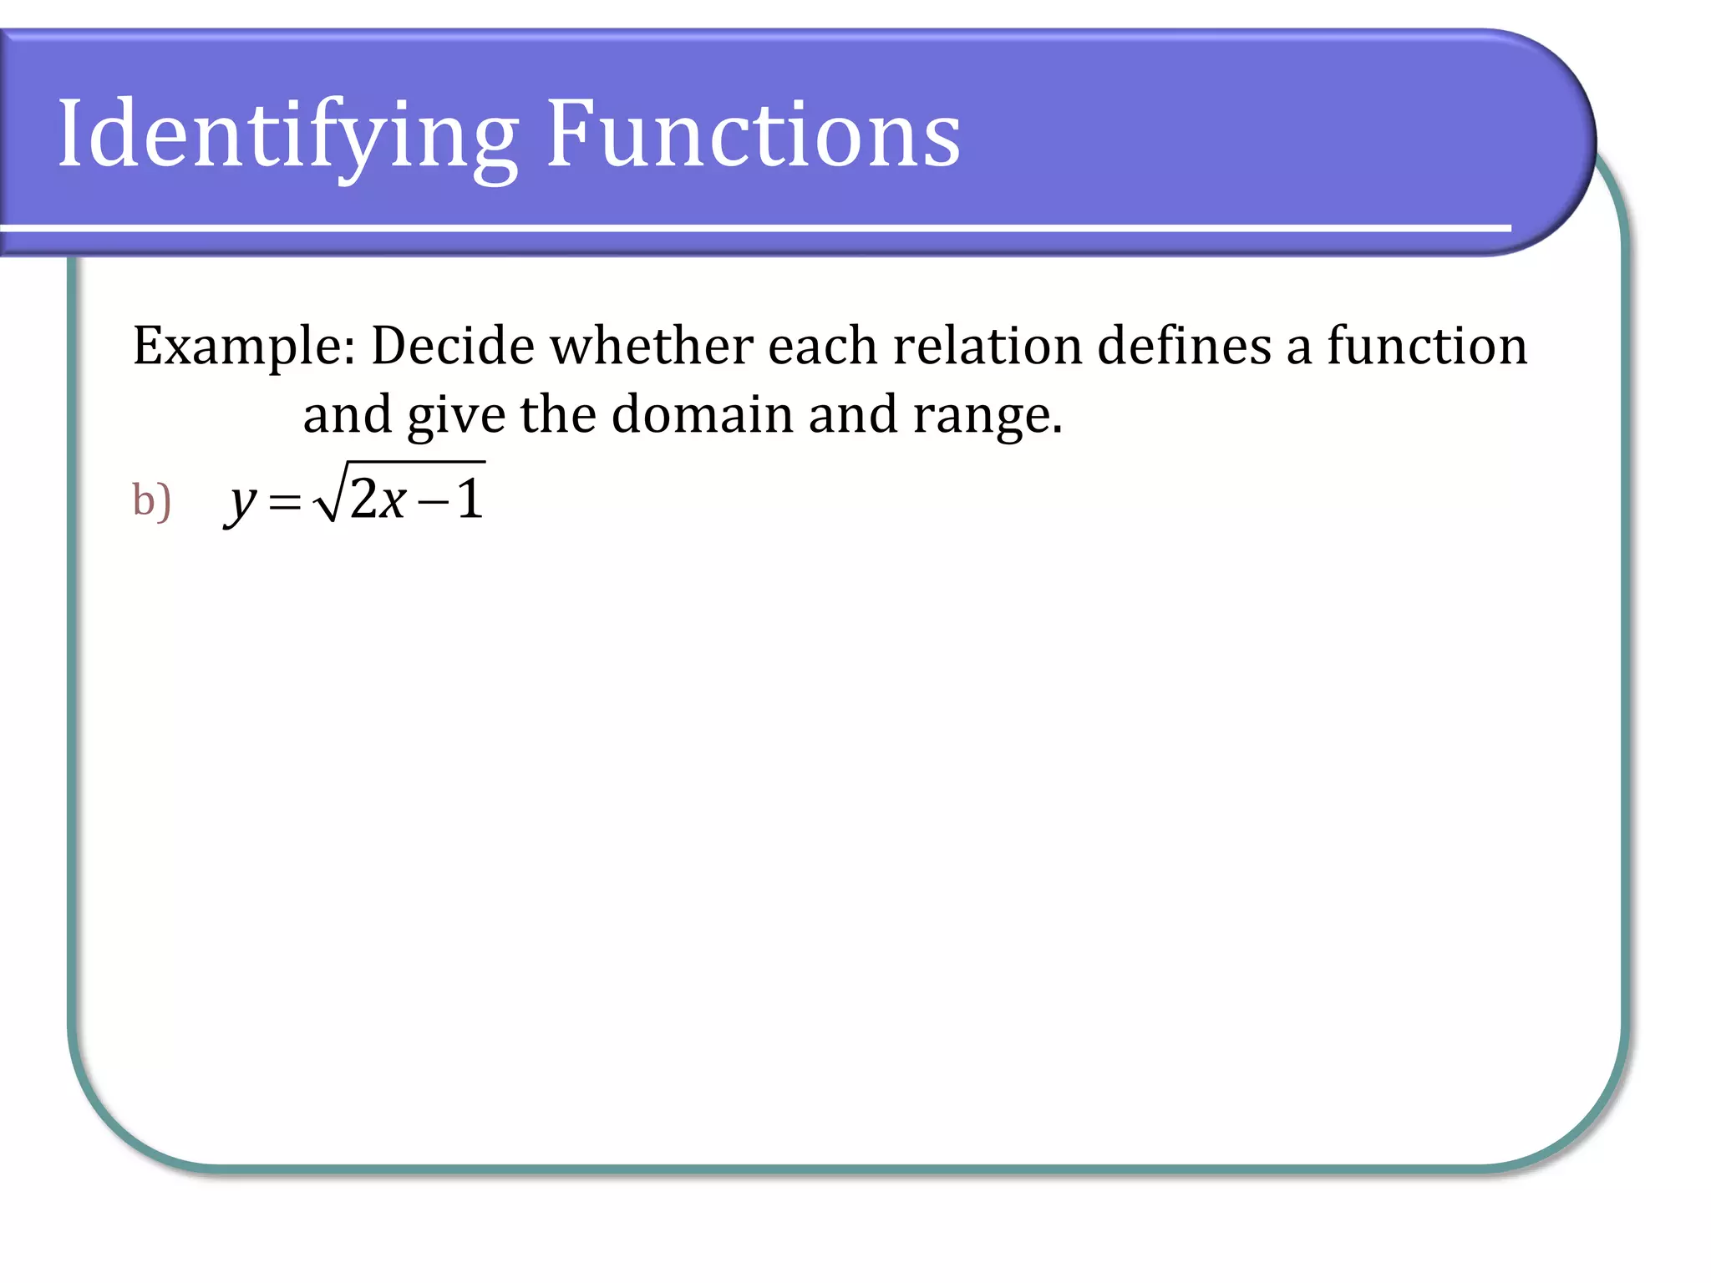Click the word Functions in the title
click(753, 134)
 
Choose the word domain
click(702, 414)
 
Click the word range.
click(987, 416)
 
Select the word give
click(456, 416)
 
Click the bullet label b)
click(151, 501)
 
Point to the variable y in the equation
click(241, 503)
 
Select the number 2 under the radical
click(363, 500)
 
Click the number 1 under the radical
click(470, 500)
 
